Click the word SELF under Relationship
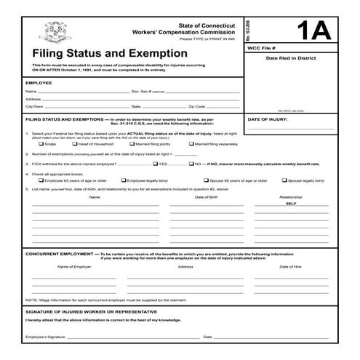pyautogui.click(x=291, y=204)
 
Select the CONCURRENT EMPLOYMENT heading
pyautogui.click(x=57, y=254)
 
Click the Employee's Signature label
pyautogui.click(x=47, y=337)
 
